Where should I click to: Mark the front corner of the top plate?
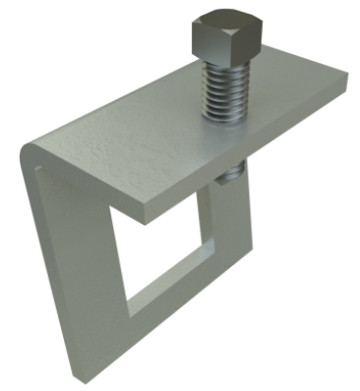pos(145,218)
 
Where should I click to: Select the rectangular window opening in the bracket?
pos(162,251)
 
